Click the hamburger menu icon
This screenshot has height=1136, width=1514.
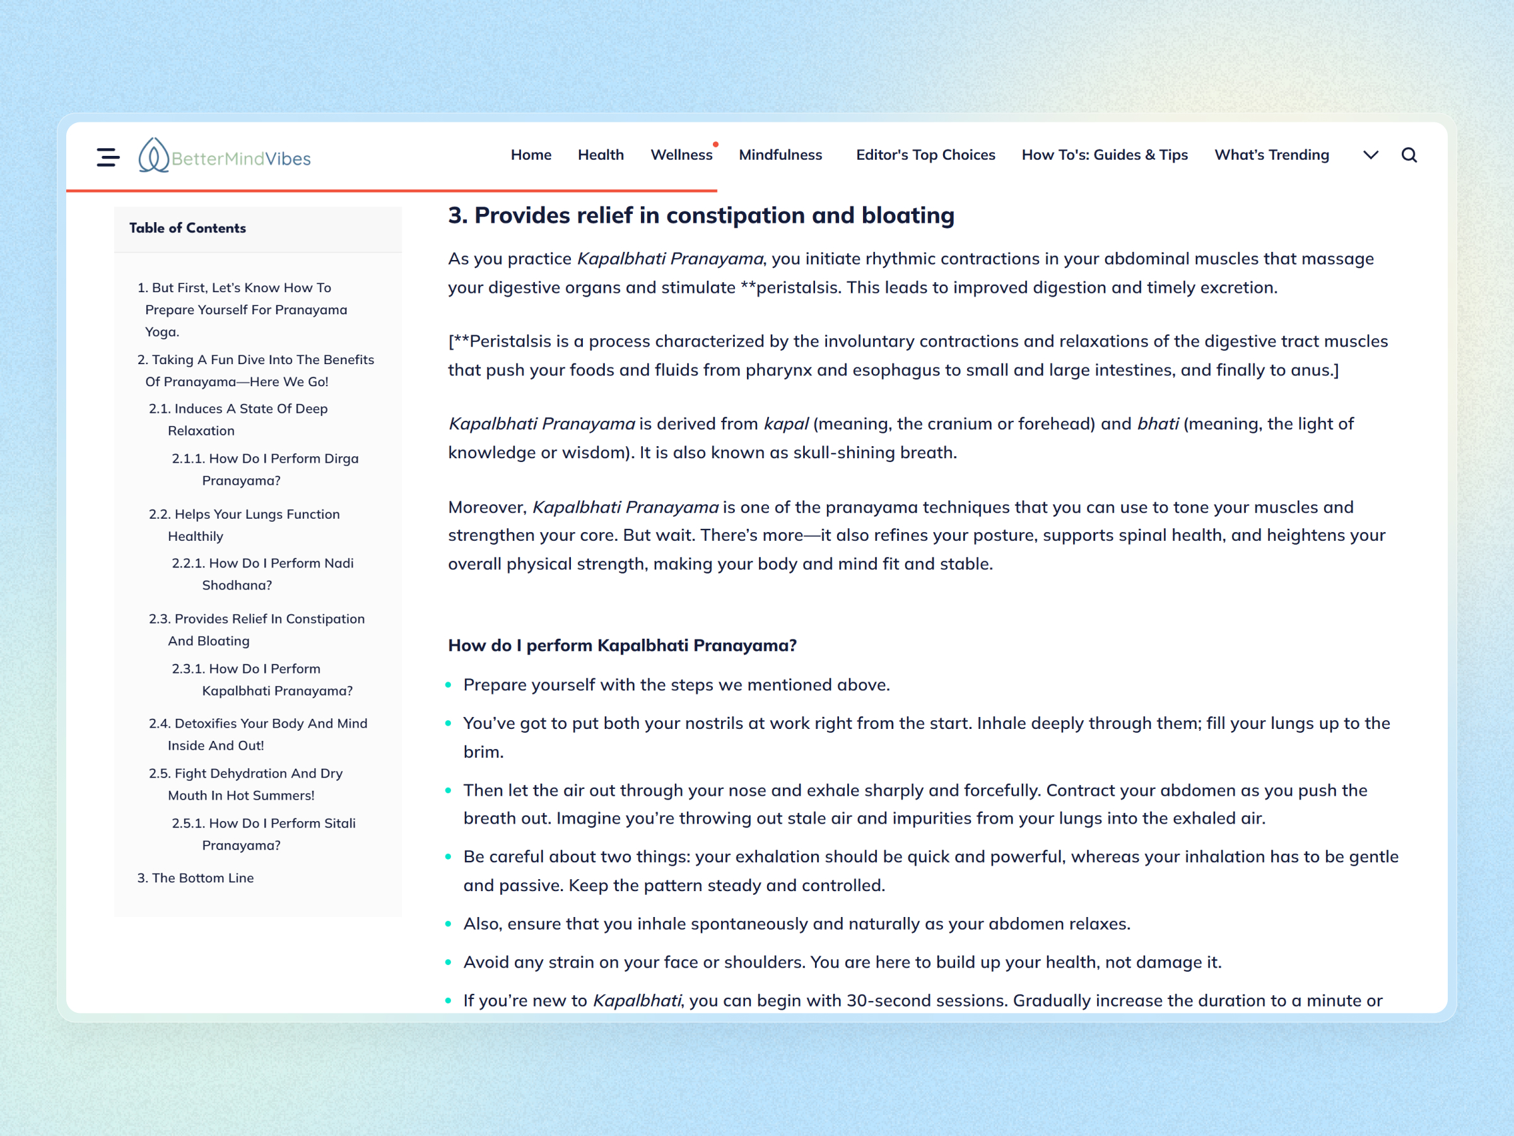[x=107, y=157]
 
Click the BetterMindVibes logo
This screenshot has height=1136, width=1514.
[x=225, y=156]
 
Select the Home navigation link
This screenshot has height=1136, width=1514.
[x=531, y=155]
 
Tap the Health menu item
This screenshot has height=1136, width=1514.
[x=601, y=155]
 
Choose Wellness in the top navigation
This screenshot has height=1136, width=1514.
[x=681, y=155]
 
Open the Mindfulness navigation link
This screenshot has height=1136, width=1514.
[x=780, y=155]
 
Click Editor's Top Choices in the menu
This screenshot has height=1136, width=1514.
[x=925, y=155]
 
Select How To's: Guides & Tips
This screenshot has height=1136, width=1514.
[x=1104, y=155]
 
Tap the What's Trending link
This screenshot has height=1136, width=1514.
[x=1271, y=155]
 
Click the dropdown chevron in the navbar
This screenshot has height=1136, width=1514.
[x=1370, y=155]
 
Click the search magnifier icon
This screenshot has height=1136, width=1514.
[x=1409, y=155]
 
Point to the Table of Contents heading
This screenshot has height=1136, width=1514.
[x=187, y=228]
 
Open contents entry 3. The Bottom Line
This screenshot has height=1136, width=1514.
[x=196, y=878]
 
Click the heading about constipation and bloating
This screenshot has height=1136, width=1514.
[x=701, y=215]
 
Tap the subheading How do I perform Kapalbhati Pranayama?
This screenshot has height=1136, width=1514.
[x=622, y=645]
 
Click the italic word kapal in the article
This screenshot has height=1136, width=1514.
[x=786, y=424]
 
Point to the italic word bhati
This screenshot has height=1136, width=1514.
[x=1158, y=424]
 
